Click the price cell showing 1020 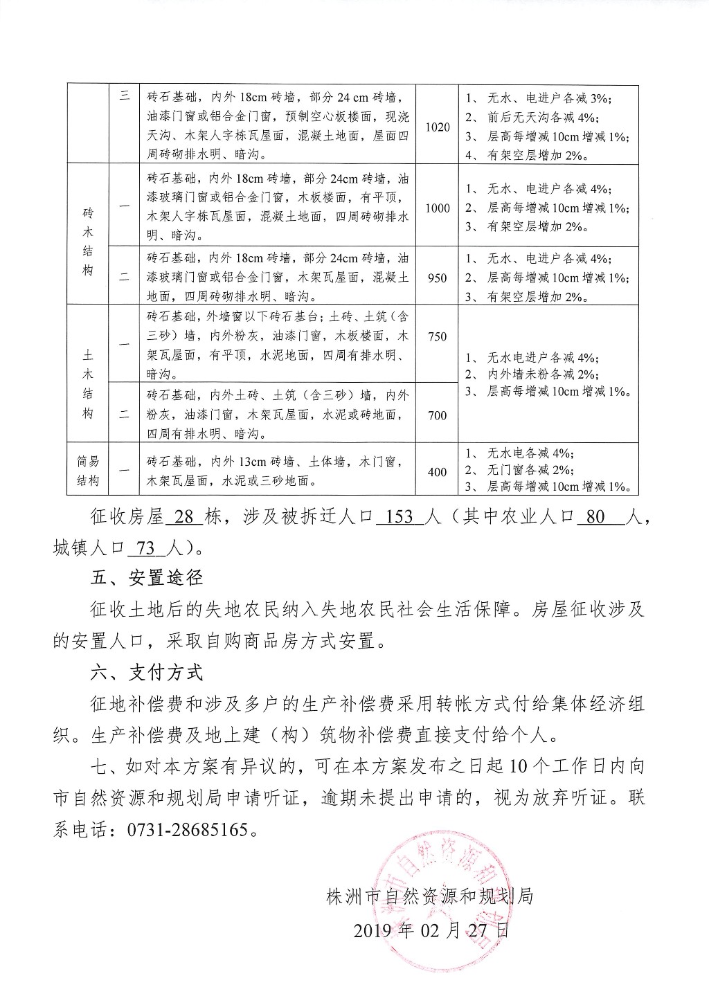(438, 127)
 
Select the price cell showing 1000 (438, 208)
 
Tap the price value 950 (438, 278)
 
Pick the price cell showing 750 (438, 337)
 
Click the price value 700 (438, 415)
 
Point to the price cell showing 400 (438, 473)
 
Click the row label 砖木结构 (87, 242)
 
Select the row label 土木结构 (87, 383)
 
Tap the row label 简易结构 (87, 471)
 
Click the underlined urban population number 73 (146, 548)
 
